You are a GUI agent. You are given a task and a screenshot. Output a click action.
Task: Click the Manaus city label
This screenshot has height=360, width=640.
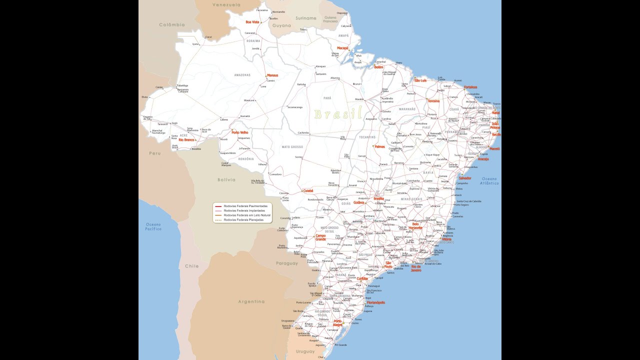[x=272, y=75]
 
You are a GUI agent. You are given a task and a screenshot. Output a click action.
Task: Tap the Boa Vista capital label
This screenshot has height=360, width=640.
[x=252, y=22]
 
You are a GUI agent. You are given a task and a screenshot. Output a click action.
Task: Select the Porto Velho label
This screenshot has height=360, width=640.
[x=240, y=132]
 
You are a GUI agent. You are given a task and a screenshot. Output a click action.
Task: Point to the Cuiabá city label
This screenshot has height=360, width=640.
[x=308, y=190]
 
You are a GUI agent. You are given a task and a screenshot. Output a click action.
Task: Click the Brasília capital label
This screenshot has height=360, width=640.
[x=378, y=198]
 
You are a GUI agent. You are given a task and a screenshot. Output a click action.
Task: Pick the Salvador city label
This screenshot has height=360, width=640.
[x=465, y=178]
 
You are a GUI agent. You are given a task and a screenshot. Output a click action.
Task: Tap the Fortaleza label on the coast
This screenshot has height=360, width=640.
[x=470, y=87]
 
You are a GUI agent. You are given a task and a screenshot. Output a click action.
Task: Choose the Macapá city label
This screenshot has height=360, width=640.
[x=342, y=48]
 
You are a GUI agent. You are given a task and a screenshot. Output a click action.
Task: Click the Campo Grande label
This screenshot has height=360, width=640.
[x=320, y=237]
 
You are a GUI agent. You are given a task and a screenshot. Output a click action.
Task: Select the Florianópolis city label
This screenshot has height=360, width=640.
[x=375, y=302]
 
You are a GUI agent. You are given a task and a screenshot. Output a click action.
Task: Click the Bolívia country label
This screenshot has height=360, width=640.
[x=226, y=179]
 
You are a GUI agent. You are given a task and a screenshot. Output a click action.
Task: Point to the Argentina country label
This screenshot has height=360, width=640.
[x=251, y=301]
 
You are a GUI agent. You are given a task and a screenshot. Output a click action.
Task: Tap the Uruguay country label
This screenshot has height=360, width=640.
[x=305, y=351]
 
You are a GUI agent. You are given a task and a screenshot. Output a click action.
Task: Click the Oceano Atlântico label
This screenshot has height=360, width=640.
[x=490, y=180]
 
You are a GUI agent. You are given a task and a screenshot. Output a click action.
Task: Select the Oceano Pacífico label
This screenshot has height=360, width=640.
[x=153, y=226]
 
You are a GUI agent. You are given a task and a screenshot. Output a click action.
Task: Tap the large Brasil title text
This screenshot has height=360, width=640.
[x=337, y=114]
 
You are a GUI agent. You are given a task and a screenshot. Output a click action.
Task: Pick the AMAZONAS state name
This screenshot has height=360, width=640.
[x=242, y=75]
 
